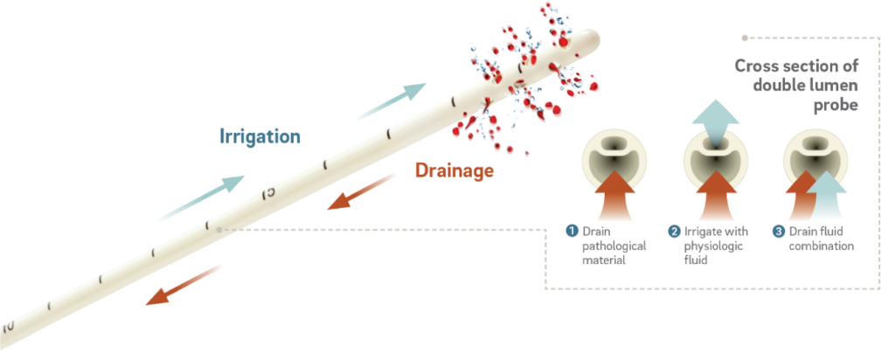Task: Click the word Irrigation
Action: [x=260, y=136]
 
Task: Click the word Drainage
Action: [x=454, y=170]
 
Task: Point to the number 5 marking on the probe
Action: [x=269, y=190]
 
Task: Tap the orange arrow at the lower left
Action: [x=184, y=284]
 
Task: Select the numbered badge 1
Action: [x=572, y=232]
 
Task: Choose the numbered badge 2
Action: [x=675, y=232]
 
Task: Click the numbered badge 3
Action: [x=778, y=232]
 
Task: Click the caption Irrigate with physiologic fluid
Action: [x=712, y=246]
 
